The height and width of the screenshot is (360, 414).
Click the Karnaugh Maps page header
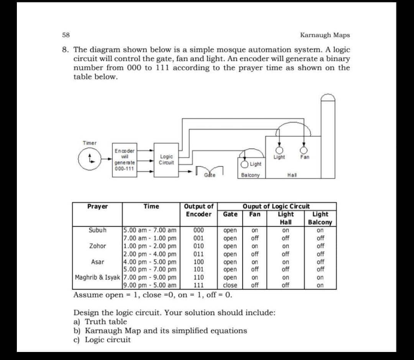click(x=325, y=35)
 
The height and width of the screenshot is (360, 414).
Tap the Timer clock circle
click(x=89, y=158)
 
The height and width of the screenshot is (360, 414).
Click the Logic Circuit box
click(x=166, y=160)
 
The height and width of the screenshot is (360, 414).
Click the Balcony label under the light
click(x=250, y=175)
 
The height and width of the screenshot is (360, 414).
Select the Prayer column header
click(x=97, y=206)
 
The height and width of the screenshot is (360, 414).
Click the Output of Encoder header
click(x=199, y=210)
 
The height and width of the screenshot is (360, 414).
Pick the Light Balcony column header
click(x=320, y=218)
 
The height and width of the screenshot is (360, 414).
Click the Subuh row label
click(x=97, y=230)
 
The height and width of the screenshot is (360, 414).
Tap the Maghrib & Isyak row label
click(x=98, y=277)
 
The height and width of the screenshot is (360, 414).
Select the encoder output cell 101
click(x=198, y=269)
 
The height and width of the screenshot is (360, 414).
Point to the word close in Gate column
click(x=230, y=285)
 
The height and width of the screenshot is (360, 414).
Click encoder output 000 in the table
click(x=198, y=230)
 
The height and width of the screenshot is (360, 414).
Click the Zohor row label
click(x=97, y=246)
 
